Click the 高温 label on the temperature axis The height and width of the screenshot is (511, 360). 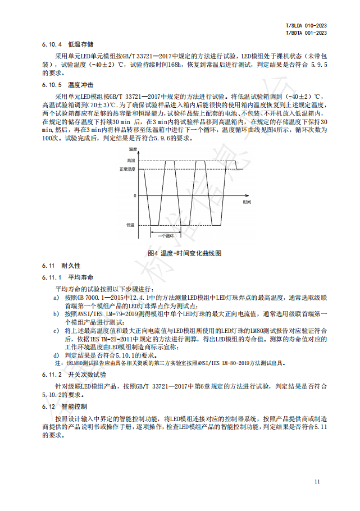(131, 161)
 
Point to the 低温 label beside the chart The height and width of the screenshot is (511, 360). (130, 225)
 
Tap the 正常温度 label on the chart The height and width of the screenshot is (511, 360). (127, 169)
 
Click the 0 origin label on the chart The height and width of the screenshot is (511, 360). (134, 195)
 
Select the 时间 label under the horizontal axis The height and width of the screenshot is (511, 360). (247, 201)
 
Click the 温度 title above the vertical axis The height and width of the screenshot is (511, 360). (133, 149)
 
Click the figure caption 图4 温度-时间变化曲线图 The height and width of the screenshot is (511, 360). (184, 253)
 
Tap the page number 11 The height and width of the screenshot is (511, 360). (317, 481)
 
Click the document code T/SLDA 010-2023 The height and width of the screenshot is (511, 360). (307, 26)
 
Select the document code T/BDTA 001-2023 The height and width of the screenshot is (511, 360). (307, 33)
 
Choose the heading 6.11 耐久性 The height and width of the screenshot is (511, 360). (61, 265)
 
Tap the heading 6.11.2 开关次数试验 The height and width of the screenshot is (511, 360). (74, 374)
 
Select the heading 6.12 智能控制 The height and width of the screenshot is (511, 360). (64, 406)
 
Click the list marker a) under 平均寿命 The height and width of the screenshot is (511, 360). (56, 298)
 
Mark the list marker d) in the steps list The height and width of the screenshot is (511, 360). (56, 355)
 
